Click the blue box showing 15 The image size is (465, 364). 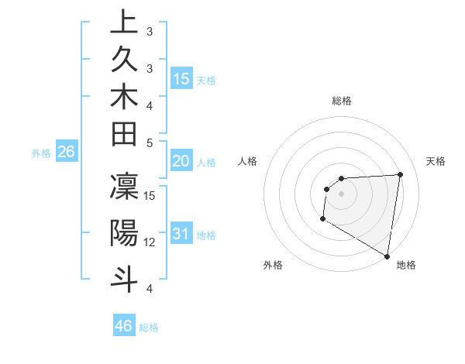(x=181, y=79)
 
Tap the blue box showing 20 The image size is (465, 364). (x=181, y=161)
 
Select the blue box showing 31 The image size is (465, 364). (x=181, y=234)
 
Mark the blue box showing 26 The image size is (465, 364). (x=67, y=153)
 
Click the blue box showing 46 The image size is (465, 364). (x=124, y=326)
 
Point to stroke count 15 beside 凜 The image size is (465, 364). (x=150, y=194)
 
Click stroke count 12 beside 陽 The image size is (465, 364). (x=150, y=242)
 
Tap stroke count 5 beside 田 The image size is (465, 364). (x=150, y=143)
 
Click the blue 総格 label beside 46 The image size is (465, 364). (x=149, y=328)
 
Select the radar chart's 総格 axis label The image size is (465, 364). (x=342, y=101)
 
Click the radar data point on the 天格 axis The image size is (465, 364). (x=401, y=174)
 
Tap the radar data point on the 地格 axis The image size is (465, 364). (x=387, y=255)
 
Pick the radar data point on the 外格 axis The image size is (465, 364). (x=322, y=220)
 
